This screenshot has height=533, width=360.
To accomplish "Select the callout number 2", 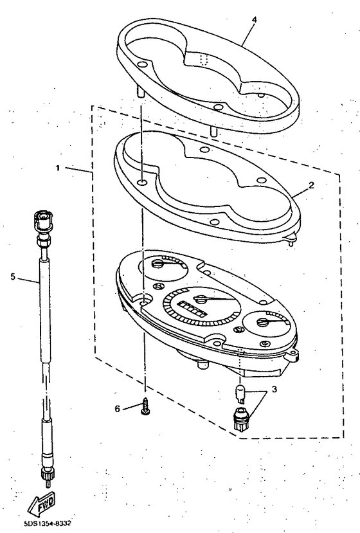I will pos(310,185).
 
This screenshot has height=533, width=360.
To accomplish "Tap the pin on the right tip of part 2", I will pos(292,240).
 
